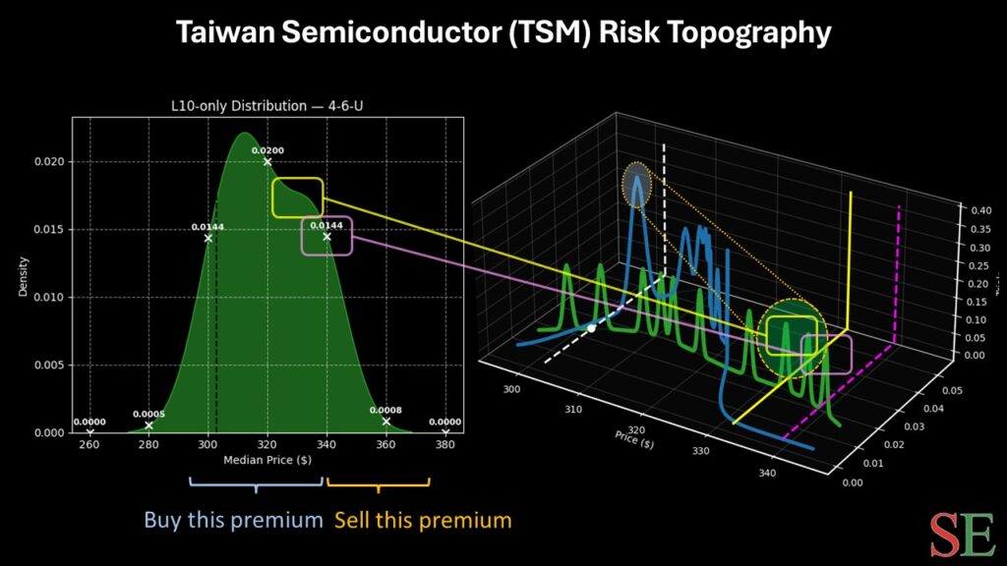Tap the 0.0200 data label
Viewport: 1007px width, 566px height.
[267, 150]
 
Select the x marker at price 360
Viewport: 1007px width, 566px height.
[386, 422]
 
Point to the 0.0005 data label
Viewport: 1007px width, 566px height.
[149, 414]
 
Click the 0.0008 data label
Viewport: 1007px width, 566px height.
[385, 410]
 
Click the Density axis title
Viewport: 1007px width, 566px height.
[23, 278]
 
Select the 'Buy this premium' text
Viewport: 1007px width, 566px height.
[233, 520]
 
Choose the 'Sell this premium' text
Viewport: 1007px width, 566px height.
[424, 520]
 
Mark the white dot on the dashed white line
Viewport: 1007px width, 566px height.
[591, 328]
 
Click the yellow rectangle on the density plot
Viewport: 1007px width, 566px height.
[297, 198]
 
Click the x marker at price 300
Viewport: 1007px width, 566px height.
[207, 238]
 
